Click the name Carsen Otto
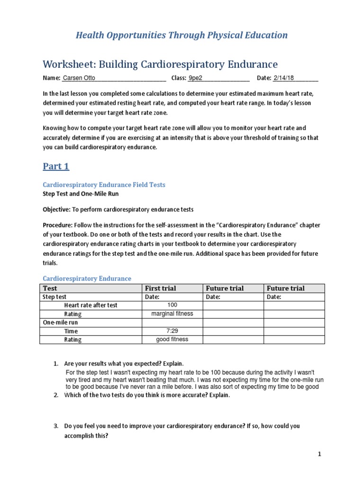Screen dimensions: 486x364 (79, 78)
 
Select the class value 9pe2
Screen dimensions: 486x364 (198, 78)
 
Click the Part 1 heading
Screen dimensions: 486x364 (56, 166)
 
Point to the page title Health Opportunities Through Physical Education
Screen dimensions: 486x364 (182, 35)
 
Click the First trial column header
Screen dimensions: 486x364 (160, 288)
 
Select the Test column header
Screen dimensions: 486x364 (50, 288)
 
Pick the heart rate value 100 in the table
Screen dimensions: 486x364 (173, 305)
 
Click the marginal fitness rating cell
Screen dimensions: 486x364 (172, 314)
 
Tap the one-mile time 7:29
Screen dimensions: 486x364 (173, 331)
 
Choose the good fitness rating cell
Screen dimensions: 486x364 (172, 339)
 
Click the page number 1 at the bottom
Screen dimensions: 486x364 (319, 454)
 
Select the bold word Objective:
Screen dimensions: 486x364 (56, 209)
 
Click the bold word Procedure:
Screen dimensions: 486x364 (58, 224)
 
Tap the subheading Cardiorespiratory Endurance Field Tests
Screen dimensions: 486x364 (104, 184)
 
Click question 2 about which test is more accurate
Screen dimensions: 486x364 (147, 396)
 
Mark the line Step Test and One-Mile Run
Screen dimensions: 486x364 (81, 194)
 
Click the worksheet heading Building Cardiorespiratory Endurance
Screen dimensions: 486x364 (160, 64)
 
